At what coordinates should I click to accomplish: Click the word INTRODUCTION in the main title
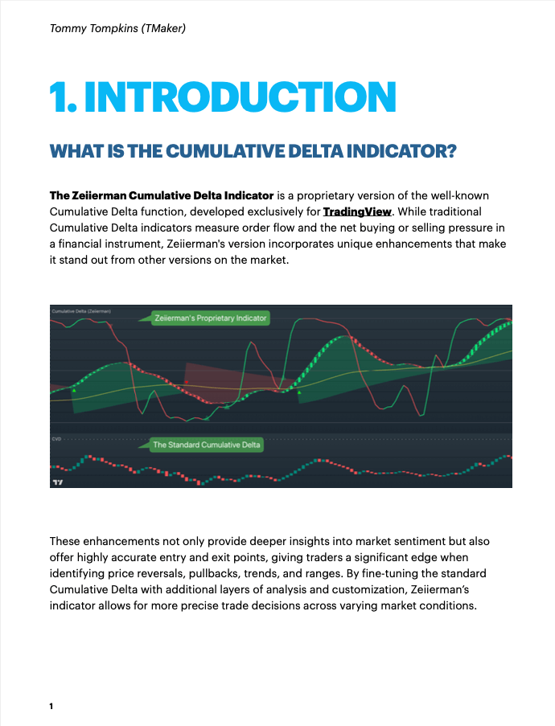point(240,97)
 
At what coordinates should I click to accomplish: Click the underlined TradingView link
point(356,212)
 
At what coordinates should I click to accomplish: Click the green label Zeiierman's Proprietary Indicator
point(211,318)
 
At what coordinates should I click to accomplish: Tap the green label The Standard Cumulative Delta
point(207,445)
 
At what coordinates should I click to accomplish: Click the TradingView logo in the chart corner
point(56,482)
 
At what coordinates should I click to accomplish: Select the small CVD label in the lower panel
point(56,439)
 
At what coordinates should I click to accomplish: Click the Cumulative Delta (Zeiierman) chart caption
point(80,310)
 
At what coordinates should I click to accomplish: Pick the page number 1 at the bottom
point(51,706)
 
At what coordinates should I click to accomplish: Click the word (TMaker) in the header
point(166,29)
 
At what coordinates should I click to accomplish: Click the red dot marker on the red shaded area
point(186,381)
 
